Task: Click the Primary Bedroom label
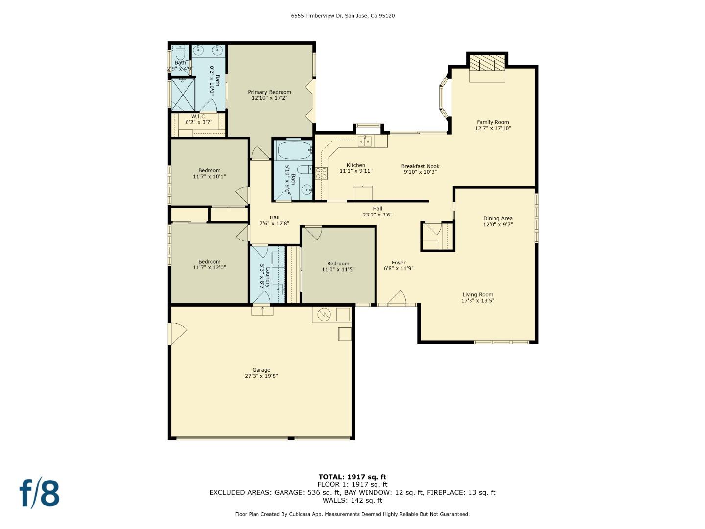269,92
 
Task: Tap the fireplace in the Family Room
487,64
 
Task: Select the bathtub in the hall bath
294,151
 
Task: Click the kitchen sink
364,142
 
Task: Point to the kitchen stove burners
321,173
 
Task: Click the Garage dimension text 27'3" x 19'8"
261,376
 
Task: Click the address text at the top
343,16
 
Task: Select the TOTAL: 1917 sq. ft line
352,477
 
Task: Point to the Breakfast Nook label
420,166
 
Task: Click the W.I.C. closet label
199,116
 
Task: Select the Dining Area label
498,218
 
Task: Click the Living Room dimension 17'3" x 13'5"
477,301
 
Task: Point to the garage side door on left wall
177,334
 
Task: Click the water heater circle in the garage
324,314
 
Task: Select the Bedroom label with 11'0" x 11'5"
338,264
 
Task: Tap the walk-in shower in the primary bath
183,95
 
